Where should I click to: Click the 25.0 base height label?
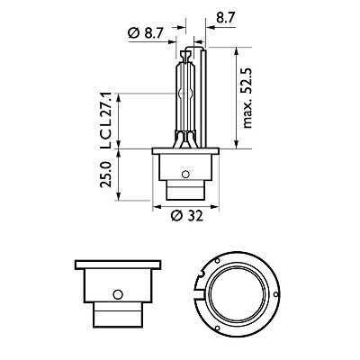click(x=106, y=174)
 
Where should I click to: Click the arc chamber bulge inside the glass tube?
click(x=187, y=90)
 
